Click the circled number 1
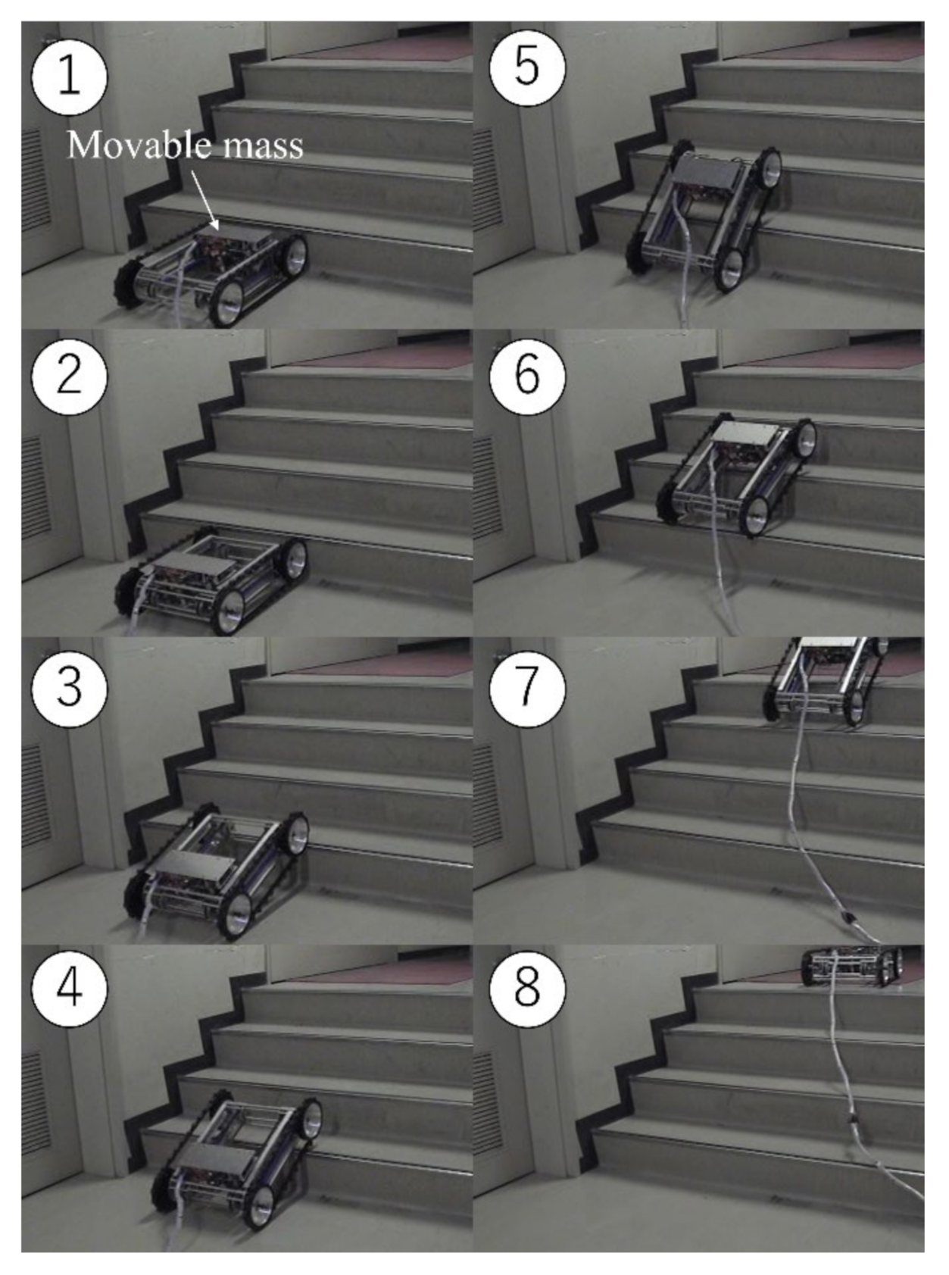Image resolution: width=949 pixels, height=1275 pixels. point(69,77)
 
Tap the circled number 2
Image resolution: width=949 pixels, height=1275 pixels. point(69,377)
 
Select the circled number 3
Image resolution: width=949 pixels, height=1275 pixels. point(69,689)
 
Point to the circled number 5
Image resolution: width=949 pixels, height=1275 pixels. point(527,67)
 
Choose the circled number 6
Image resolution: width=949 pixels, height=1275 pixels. point(527,377)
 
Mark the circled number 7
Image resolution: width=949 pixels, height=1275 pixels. point(527,689)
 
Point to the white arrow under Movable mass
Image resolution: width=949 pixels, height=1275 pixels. point(204,200)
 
